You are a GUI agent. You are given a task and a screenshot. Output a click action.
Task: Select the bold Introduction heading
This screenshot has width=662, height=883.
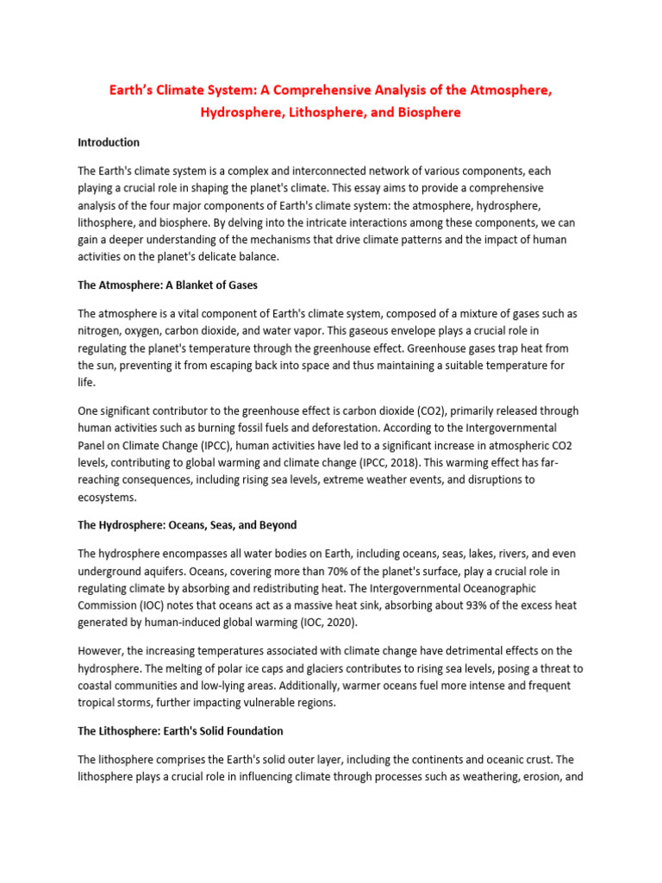(109, 142)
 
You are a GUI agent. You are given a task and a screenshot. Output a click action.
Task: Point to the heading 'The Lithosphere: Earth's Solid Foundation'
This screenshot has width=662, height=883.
(180, 730)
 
